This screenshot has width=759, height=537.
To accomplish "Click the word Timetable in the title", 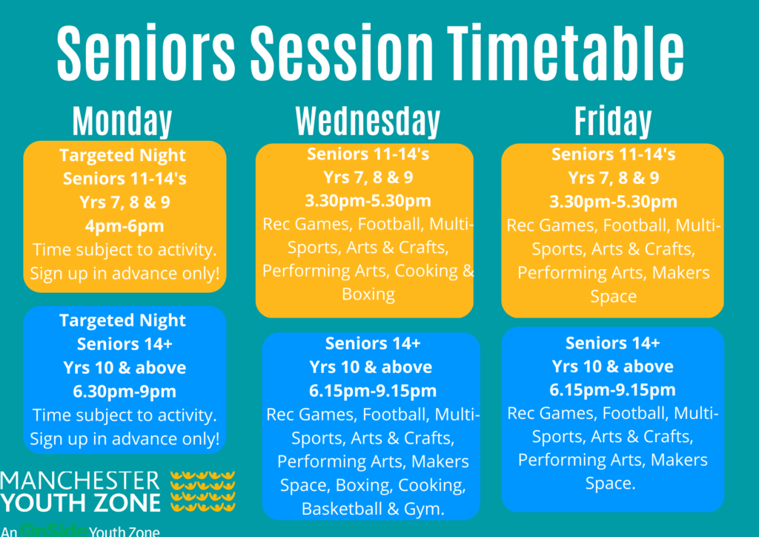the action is tap(566, 52).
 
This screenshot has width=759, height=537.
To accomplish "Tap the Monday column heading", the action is tap(122, 121).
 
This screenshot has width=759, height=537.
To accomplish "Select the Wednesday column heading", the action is tap(368, 121).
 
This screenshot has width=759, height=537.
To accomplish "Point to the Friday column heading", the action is tap(613, 121).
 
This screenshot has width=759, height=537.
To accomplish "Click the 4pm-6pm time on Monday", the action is tap(125, 225).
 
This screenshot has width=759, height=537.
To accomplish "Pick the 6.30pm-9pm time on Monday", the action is tap(125, 391).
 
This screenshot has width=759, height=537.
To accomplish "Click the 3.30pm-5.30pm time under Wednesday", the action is tap(368, 200).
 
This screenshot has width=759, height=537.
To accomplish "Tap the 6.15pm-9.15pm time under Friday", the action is tap(612, 390).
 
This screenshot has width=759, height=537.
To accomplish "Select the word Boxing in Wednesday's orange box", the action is tap(368, 294).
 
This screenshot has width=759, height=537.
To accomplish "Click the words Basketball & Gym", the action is tap(373, 509).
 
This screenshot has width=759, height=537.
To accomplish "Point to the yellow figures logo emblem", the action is tap(203, 492).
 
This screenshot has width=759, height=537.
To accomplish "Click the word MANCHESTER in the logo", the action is tap(80, 481).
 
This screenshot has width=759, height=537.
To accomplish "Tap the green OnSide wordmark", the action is tap(53, 531).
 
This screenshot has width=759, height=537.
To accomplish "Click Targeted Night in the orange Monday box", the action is tap(122, 155).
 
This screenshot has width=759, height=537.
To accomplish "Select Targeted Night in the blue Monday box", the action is tap(122, 320).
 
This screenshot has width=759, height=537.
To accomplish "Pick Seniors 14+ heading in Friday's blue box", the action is tap(612, 343).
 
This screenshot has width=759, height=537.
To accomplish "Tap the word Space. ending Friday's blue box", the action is tap(610, 484).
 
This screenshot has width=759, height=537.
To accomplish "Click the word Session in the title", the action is tap(342, 52).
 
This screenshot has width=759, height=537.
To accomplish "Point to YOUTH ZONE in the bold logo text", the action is tap(80, 503).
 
